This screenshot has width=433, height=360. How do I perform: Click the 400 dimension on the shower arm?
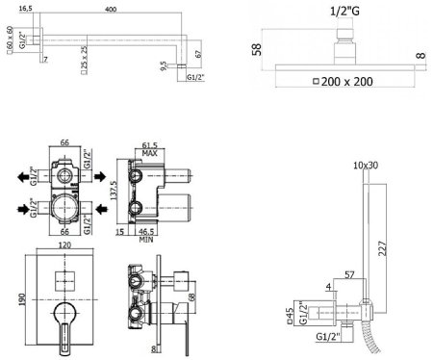click(111, 10)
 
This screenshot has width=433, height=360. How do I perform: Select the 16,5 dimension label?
click(25, 9)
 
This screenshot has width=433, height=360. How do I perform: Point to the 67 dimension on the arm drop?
click(199, 54)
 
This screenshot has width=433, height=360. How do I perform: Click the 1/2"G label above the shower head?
click(344, 12)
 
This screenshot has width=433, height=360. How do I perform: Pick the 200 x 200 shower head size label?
click(346, 82)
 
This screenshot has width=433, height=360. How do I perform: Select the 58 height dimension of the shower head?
click(257, 49)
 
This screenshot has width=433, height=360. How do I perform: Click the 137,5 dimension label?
click(114, 191)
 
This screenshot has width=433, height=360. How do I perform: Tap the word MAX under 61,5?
click(149, 153)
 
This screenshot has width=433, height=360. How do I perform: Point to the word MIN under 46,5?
click(146, 240)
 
